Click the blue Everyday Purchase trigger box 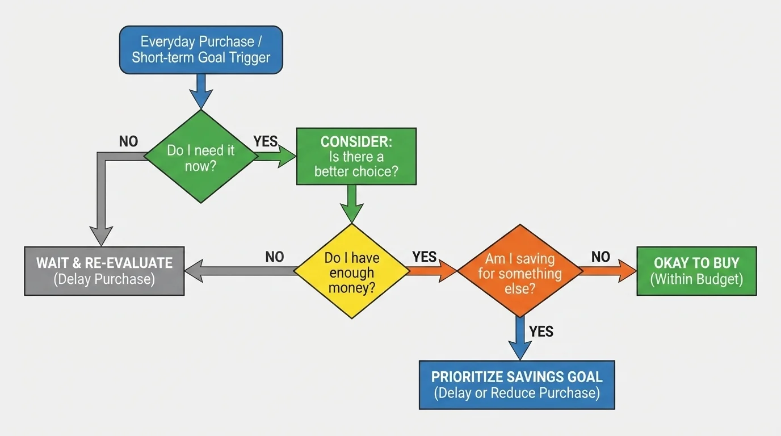[x=201, y=49]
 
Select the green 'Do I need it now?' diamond [x=201, y=157]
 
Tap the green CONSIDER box [x=356, y=157]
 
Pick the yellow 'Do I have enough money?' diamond [x=351, y=272]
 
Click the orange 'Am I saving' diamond [x=519, y=271]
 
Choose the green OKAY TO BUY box [x=696, y=271]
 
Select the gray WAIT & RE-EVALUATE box [x=104, y=271]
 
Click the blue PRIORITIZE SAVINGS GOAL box [x=517, y=384]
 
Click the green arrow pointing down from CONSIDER [x=351, y=204]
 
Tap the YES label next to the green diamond [x=265, y=141]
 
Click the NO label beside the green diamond [x=128, y=141]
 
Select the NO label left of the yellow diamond [x=274, y=257]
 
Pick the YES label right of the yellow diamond [x=424, y=257]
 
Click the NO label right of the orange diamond [x=601, y=257]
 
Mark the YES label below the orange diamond [x=541, y=331]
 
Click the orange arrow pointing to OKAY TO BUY [x=607, y=271]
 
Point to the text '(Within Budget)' [x=696, y=279]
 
